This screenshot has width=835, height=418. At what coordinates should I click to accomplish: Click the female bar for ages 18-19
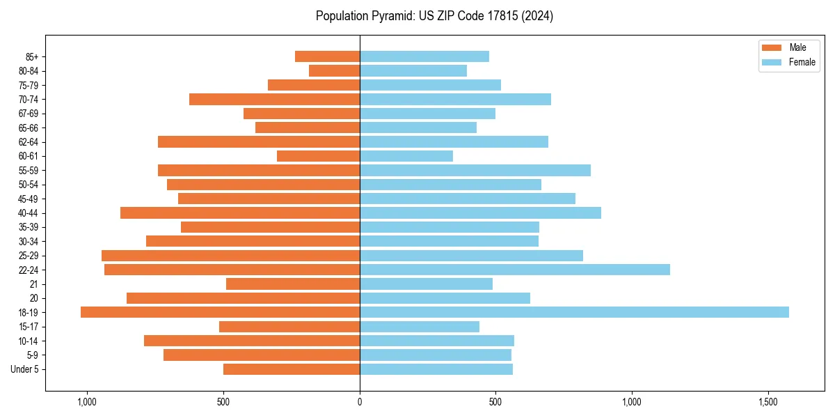pyautogui.click(x=574, y=312)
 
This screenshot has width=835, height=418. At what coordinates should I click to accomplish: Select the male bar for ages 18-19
pyautogui.click(x=220, y=312)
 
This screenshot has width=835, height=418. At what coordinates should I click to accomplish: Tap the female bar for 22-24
pyautogui.click(x=515, y=270)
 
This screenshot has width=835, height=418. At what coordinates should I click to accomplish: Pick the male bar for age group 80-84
pyautogui.click(x=334, y=70)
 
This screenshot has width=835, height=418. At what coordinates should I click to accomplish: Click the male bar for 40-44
pyautogui.click(x=240, y=212)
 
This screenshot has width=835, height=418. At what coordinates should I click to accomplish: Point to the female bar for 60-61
pyautogui.click(x=406, y=156)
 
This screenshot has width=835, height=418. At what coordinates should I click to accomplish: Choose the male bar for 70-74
pyautogui.click(x=274, y=99)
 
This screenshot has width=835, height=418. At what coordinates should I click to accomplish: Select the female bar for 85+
pyautogui.click(x=424, y=56)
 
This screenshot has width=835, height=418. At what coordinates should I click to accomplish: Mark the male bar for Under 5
pyautogui.click(x=292, y=369)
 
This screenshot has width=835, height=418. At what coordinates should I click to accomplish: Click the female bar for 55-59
pyautogui.click(x=475, y=170)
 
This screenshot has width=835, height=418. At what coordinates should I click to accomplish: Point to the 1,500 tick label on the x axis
pyautogui.click(x=768, y=403)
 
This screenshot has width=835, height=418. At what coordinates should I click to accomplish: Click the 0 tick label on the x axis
pyautogui.click(x=360, y=403)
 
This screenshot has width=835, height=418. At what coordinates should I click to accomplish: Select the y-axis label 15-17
pyautogui.click(x=29, y=327)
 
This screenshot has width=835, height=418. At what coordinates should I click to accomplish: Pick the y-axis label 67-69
pyautogui.click(x=29, y=114)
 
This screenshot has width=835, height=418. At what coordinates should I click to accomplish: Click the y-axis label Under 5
pyautogui.click(x=25, y=369)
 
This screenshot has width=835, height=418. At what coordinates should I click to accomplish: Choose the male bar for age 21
pyautogui.click(x=293, y=284)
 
